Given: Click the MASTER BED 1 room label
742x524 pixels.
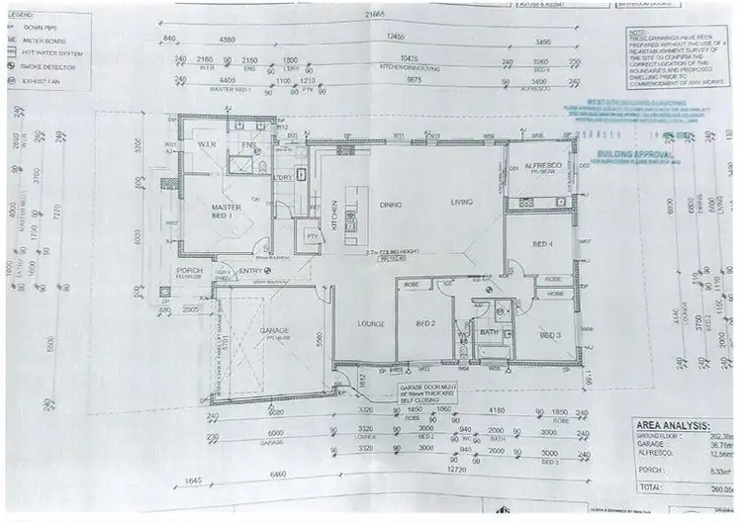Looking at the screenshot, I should coord(228,210).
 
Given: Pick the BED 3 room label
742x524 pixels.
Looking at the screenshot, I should coord(550,336).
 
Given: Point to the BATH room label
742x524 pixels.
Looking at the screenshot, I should coord(488,333).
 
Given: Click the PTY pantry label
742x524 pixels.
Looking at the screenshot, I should coord(311,236).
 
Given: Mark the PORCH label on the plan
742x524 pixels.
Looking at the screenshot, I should coord(189,270).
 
